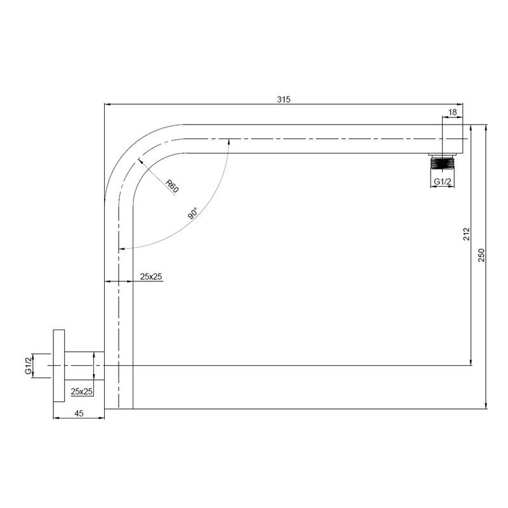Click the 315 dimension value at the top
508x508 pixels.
click(x=283, y=99)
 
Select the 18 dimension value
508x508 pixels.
click(x=453, y=112)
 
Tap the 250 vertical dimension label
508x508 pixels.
click(x=481, y=255)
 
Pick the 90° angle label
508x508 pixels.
click(x=193, y=213)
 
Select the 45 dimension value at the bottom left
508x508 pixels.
click(x=78, y=413)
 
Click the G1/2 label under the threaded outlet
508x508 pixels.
click(x=443, y=182)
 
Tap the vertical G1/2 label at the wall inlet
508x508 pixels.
click(x=29, y=366)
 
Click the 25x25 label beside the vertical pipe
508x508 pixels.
click(x=151, y=276)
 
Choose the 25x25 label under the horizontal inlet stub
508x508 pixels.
click(x=82, y=391)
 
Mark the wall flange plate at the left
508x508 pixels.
click(x=58, y=366)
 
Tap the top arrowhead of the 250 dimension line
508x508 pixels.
click(x=486, y=126)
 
